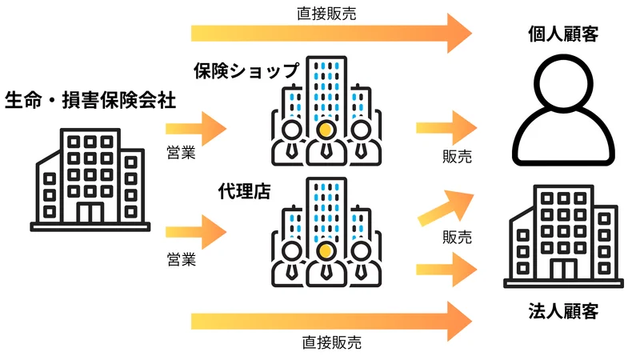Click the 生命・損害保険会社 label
coord(90,100)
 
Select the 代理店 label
coord(244,192)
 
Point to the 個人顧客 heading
coord(563,34)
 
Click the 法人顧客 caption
coord(563,310)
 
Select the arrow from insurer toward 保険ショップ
coord(196,127)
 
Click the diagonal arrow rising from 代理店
coord(445,207)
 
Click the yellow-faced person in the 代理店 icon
coord(325,252)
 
